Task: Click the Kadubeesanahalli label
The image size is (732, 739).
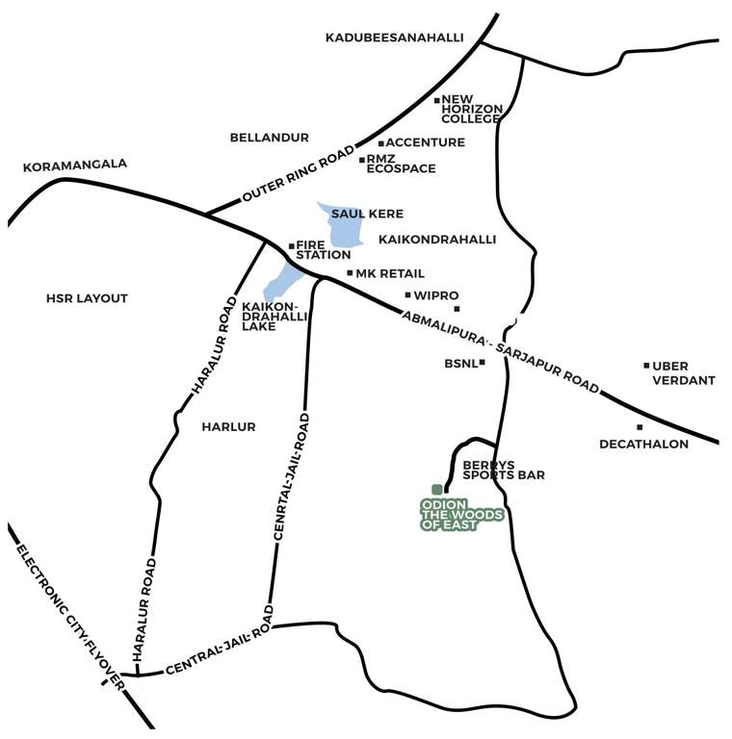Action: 394,38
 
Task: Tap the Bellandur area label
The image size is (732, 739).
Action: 269,138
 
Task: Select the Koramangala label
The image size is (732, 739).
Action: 74,165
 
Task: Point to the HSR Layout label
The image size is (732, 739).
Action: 87,298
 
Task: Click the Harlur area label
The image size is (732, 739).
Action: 228,426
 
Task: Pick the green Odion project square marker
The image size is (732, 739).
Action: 436,490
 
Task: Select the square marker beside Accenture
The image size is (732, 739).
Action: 380,143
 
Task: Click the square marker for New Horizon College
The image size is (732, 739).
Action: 436,100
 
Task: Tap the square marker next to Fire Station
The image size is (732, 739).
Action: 291,246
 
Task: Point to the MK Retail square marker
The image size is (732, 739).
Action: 350,273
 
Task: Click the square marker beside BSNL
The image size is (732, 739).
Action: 482,363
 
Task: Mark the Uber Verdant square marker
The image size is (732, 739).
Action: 646,366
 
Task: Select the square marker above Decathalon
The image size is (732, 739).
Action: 639,427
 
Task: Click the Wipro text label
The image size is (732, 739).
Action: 435,295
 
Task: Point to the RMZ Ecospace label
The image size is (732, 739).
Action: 400,164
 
